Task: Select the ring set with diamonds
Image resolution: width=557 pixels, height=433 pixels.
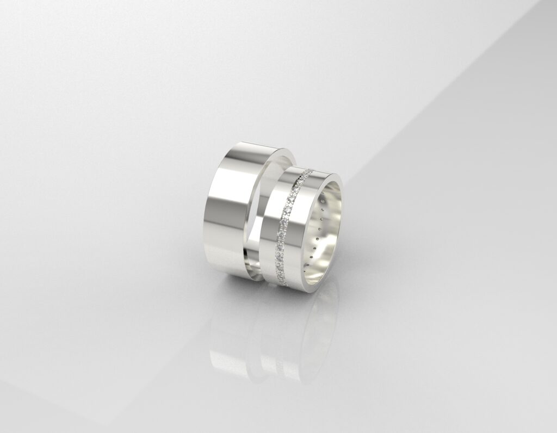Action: pos(305,228)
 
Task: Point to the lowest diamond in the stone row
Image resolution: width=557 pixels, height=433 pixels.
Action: pos(284,282)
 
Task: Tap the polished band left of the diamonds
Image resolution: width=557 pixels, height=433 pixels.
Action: pos(272,234)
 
